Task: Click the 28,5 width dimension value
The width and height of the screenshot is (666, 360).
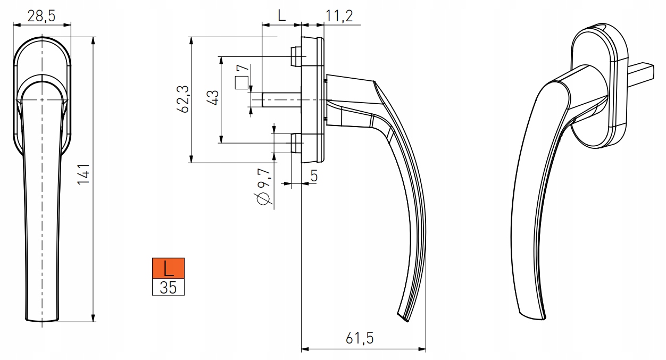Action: point(41,16)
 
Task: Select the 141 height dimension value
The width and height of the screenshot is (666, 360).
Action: point(84,174)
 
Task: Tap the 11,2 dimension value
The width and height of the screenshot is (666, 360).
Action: point(339,16)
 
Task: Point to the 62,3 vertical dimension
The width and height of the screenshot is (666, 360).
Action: point(183,99)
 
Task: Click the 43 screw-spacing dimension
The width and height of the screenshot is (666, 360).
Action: point(213,97)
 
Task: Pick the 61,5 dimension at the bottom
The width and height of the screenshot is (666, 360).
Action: point(360,338)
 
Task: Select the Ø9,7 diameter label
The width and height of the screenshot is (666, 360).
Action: point(263,187)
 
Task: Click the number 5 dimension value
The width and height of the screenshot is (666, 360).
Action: point(314,175)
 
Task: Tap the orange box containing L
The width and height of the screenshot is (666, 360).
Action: point(168,268)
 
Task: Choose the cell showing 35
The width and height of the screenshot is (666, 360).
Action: point(168,287)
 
